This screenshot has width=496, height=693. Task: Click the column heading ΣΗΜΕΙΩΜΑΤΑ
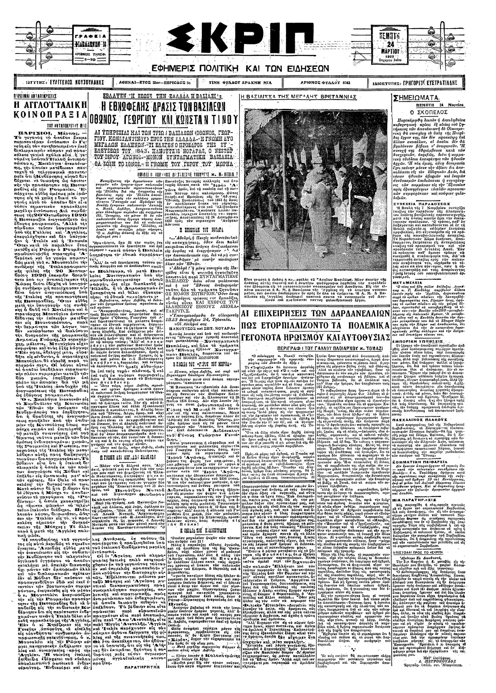417,98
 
